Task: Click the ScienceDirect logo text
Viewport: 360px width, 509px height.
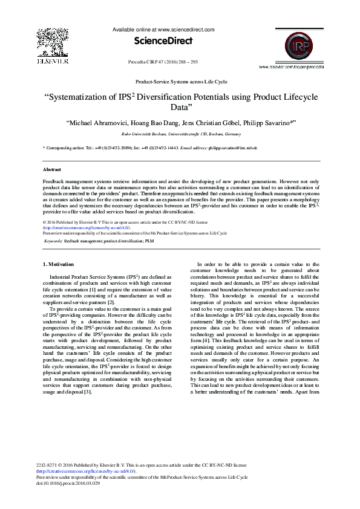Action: click(164, 41)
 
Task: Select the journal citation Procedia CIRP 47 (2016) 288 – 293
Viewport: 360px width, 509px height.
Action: click(163, 62)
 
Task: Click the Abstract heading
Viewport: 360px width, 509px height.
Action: click(51, 170)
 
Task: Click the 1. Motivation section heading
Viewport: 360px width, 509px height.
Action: click(61, 264)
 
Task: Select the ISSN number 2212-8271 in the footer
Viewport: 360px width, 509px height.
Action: click(47, 465)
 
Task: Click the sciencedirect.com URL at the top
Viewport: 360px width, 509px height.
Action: click(185, 29)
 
